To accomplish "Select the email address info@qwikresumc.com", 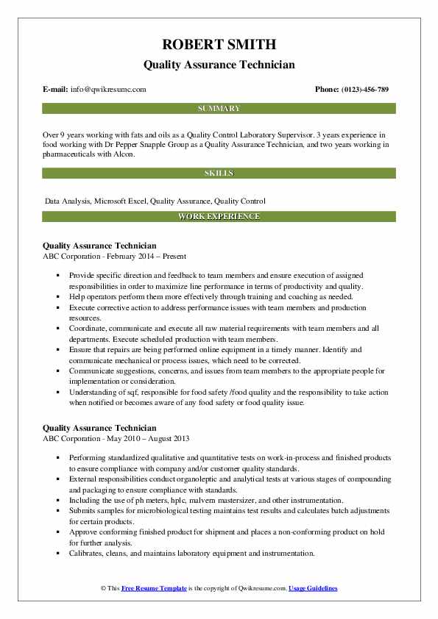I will coord(109,90).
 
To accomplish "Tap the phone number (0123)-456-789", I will coord(366,90).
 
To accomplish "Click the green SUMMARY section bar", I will coord(219,109).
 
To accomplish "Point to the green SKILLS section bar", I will coord(219,173).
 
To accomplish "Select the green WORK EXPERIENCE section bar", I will coord(219,217).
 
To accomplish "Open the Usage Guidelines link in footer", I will coord(313,589).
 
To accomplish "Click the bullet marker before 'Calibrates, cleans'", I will coord(57,554).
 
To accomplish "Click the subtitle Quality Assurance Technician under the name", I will coord(219,65).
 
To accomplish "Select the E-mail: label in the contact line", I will coord(56,90).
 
